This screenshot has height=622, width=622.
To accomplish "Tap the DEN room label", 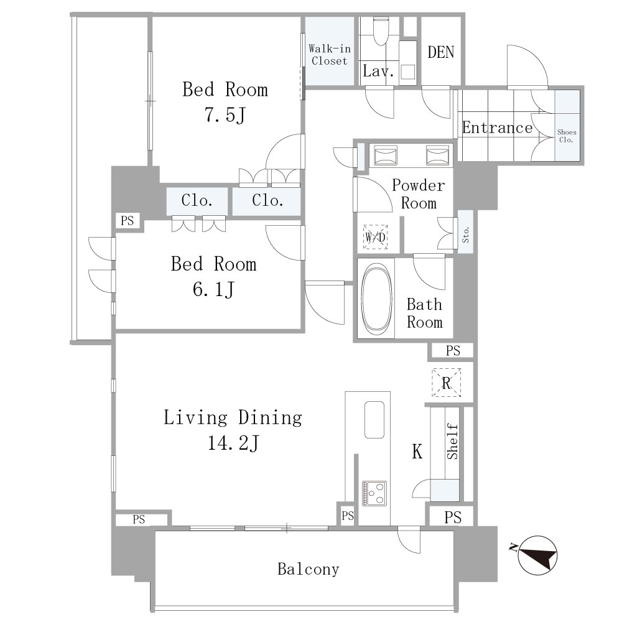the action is tap(441, 52).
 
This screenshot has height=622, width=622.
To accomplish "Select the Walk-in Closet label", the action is tap(330, 55).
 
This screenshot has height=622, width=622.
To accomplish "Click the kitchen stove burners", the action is tap(374, 493).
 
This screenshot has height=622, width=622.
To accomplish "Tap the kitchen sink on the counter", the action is tap(374, 420).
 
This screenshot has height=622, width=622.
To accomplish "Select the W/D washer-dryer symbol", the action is tap(375, 237).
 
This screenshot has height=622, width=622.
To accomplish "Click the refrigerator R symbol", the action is tap(446, 383).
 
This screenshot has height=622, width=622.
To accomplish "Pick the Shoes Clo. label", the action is tap(567, 136).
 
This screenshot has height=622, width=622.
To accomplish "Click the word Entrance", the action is tap(497, 128).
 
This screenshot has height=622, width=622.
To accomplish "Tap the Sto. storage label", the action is tap(466, 234).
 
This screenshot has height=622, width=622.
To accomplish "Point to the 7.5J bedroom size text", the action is tap(225, 115).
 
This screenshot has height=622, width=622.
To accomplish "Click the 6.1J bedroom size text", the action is tap(213, 289).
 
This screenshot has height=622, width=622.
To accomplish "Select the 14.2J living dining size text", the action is tap(233, 443).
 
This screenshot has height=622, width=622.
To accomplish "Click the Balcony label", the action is tap(309, 569).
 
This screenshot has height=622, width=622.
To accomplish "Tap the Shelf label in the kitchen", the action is tap(452, 442).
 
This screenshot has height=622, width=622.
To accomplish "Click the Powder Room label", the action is tap(419, 194).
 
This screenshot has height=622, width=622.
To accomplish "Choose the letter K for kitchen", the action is tap(417, 452).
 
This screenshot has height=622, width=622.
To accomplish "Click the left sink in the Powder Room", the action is tap(386, 155).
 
